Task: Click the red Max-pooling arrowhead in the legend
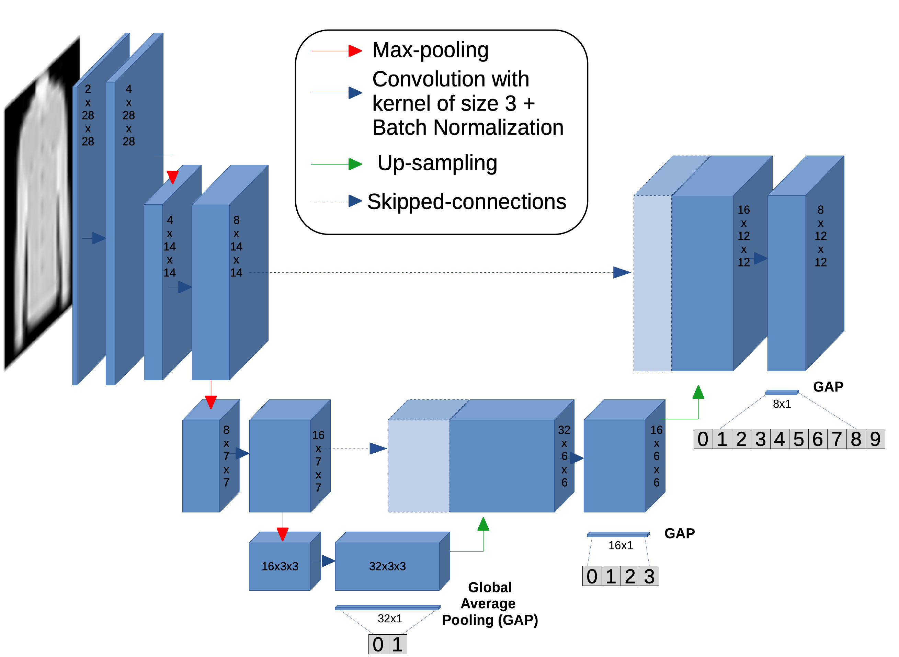point(355,51)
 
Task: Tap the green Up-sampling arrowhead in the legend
point(355,164)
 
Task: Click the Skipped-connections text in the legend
point(466,202)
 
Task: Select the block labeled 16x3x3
point(280,566)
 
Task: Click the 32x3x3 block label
point(387,566)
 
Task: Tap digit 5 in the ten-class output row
point(798,439)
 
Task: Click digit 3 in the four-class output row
point(649,576)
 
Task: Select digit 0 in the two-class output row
point(378,644)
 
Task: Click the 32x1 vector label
point(390,619)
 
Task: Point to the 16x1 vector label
point(620,545)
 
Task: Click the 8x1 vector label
point(782,404)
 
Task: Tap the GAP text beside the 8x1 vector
point(828,387)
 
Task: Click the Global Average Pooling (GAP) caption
point(490,604)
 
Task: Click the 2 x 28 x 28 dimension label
point(88,115)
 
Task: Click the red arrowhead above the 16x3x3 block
point(282,534)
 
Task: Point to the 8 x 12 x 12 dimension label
point(820,236)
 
